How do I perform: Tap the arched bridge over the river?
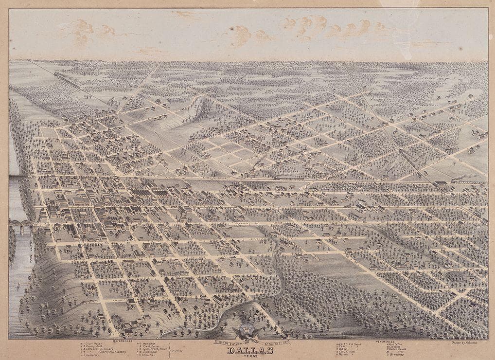[19, 225]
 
